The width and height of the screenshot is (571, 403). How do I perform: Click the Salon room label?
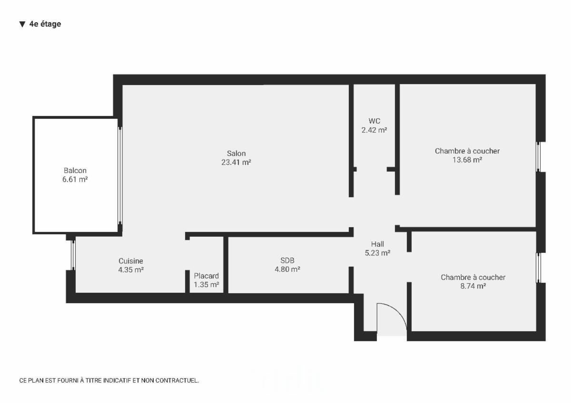tap(236, 153)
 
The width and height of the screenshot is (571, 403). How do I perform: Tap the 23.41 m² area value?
tap(236, 162)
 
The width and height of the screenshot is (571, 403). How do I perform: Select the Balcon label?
tap(75, 170)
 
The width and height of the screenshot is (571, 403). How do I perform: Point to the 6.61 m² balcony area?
tap(75, 179)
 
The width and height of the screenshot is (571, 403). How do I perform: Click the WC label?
tap(374, 121)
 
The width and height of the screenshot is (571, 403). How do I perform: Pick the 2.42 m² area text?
tap(374, 130)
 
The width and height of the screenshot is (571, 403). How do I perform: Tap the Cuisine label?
tap(131, 261)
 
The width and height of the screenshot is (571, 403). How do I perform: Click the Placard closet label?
tap(206, 276)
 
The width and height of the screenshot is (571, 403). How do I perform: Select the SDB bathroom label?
tap(287, 260)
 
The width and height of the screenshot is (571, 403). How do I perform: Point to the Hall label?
tap(377, 244)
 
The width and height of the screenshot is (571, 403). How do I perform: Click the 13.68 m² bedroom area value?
tap(467, 160)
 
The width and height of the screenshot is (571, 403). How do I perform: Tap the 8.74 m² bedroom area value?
tap(473, 286)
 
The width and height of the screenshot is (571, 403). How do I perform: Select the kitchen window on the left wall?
tap(73, 255)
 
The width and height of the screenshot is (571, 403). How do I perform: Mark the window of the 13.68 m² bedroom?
tap(538, 157)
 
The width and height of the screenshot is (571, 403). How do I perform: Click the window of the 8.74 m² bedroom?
tap(538, 268)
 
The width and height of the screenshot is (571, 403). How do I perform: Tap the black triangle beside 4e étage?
tap(22, 24)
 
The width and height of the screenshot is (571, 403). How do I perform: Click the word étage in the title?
tap(51, 24)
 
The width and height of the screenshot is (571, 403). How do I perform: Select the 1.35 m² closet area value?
tap(206, 284)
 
